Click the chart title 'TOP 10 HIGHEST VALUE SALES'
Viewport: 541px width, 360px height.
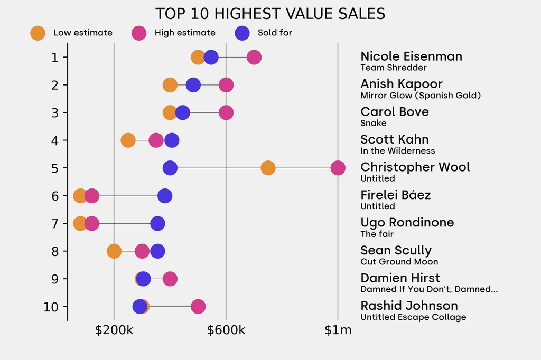(270, 14)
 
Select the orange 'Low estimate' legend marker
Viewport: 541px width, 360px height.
(38, 33)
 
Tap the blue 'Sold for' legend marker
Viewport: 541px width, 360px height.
(242, 33)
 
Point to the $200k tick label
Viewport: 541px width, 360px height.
(114, 330)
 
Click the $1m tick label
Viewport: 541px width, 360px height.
(338, 330)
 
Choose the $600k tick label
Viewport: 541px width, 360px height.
(226, 330)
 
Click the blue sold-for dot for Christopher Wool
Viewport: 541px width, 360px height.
(170, 168)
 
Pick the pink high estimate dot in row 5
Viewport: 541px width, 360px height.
(338, 168)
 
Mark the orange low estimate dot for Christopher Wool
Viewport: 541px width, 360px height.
(268, 168)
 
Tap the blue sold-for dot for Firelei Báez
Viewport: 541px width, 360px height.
(165, 196)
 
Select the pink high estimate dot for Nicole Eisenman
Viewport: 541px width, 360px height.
(254, 57)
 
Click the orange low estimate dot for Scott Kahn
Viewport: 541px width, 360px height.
(128, 140)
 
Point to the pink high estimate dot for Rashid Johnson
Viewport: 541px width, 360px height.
(198, 307)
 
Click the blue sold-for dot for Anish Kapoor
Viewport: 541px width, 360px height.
(193, 85)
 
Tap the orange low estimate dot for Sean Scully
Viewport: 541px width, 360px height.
(114, 251)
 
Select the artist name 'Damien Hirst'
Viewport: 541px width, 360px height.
(400, 278)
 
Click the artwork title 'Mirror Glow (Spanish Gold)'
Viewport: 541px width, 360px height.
(421, 96)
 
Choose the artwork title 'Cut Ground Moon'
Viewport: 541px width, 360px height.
(399, 262)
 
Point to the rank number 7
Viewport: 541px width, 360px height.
(55, 224)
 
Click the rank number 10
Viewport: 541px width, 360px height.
(52, 307)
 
